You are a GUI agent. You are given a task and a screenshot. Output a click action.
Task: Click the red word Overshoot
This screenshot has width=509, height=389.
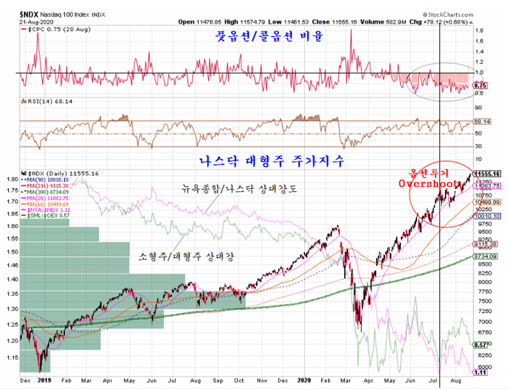point(430,183)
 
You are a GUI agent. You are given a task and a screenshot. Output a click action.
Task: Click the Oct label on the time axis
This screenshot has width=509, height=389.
point(239,381)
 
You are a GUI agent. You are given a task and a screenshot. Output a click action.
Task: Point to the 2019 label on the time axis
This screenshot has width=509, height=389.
point(45,381)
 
